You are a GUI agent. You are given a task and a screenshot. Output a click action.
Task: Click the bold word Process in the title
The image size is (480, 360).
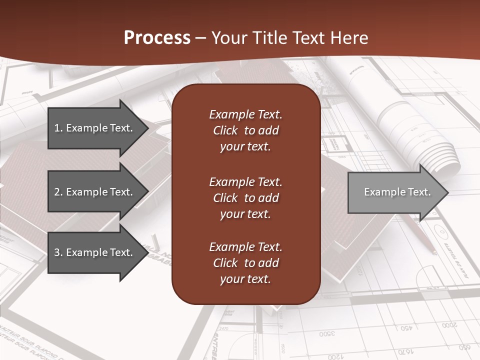157,38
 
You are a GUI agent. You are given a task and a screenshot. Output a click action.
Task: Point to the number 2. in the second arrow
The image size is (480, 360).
58,192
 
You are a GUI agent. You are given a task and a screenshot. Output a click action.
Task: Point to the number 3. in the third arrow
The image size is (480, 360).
58,252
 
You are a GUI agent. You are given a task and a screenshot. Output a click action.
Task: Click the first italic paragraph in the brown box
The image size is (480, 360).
245,130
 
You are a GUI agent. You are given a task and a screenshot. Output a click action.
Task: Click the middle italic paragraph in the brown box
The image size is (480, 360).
245,198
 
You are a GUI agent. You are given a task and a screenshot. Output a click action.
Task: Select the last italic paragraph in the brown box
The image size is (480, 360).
245,263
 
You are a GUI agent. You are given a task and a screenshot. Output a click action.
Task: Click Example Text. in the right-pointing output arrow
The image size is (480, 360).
397,192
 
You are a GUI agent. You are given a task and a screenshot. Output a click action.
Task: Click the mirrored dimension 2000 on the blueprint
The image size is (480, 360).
449,325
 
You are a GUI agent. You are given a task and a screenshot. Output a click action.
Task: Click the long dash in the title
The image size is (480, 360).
200,38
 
